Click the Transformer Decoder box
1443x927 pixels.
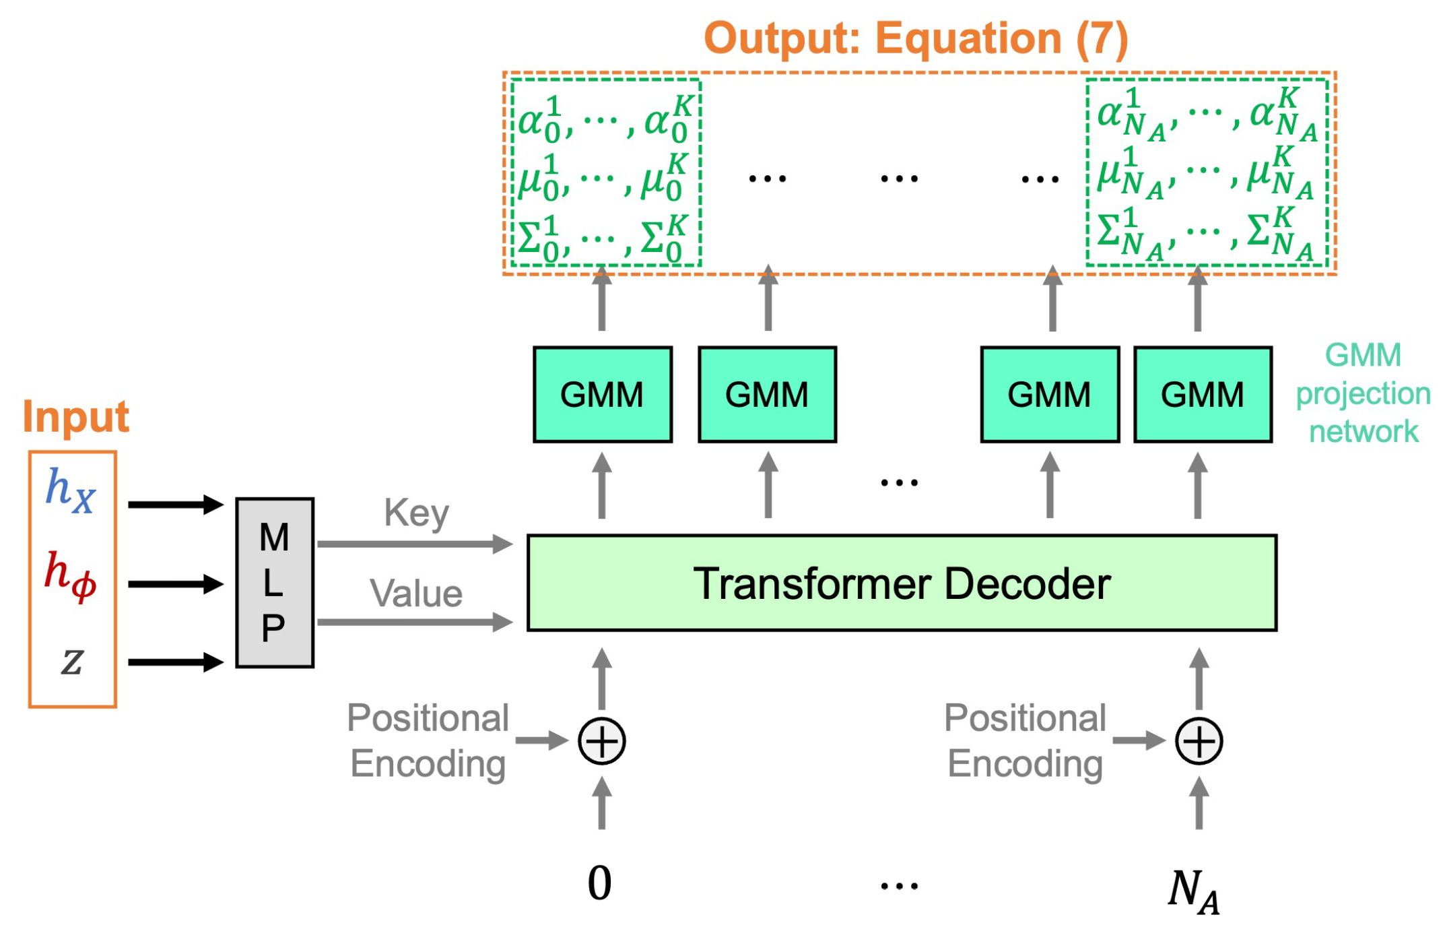pyautogui.click(x=901, y=583)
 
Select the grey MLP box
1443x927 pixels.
pyautogui.click(x=274, y=583)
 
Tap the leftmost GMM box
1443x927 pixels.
pyautogui.click(x=602, y=394)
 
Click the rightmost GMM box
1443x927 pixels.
pyautogui.click(x=1203, y=394)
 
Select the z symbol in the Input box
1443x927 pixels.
pyautogui.click(x=72, y=660)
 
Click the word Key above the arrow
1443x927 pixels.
pyautogui.click(x=416, y=513)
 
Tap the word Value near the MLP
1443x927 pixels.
pyautogui.click(x=416, y=594)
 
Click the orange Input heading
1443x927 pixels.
pyautogui.click(x=75, y=416)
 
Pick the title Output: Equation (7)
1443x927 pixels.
pyautogui.click(x=916, y=38)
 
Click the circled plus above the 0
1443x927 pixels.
pyautogui.click(x=602, y=741)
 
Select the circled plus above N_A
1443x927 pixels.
pyautogui.click(x=1199, y=741)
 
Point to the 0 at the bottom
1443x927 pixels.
pyautogui.click(x=599, y=883)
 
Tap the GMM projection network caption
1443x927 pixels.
pyautogui.click(x=1363, y=393)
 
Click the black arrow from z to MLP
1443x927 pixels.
pyautogui.click(x=175, y=662)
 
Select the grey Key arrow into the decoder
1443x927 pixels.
pyautogui.click(x=414, y=544)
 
